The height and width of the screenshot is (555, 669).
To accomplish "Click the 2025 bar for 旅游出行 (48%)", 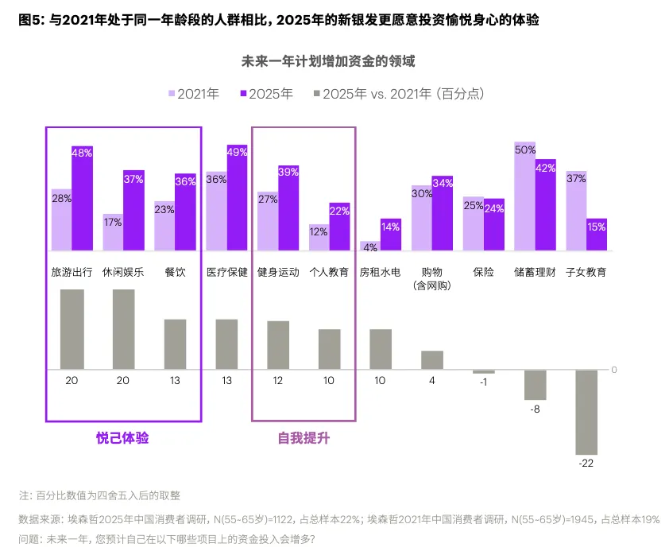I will (x=83, y=199).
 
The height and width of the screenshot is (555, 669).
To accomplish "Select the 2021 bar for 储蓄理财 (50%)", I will (x=524, y=196).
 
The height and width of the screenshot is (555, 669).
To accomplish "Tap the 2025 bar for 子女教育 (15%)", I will (x=597, y=235).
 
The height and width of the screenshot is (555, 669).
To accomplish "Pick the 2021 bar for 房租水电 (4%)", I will (x=370, y=246).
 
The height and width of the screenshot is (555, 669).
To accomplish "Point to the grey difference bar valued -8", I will (x=535, y=385).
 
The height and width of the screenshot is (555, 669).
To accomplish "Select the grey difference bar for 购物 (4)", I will (x=431, y=360).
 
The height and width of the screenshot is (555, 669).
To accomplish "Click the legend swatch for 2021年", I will (x=171, y=94).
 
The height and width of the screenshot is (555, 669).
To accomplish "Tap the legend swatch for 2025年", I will (x=243, y=94).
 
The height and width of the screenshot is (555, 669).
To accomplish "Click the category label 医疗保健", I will (x=226, y=272).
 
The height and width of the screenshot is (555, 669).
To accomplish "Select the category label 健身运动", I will (x=277, y=272).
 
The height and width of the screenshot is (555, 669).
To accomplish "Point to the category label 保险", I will (x=483, y=272).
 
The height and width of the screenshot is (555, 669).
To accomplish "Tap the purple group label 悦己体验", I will (x=122, y=438).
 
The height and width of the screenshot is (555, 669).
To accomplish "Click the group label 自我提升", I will (x=304, y=438).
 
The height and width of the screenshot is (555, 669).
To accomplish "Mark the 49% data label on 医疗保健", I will (x=238, y=152).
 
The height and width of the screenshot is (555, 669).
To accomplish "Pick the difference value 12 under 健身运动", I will (x=277, y=381).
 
